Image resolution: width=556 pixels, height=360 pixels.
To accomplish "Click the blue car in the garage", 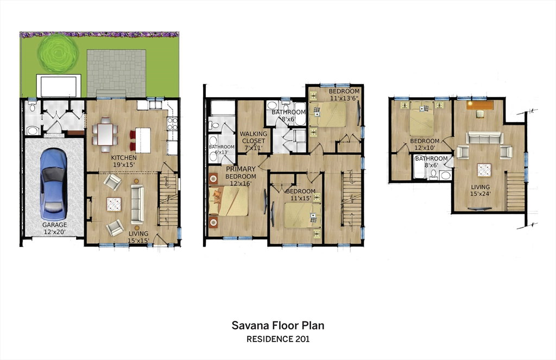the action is click(x=54, y=184).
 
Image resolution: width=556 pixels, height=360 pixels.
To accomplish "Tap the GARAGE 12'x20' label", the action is click(x=55, y=229).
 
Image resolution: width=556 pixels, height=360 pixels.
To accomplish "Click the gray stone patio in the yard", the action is click(x=116, y=73).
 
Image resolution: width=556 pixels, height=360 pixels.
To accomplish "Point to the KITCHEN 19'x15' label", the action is click(x=124, y=161).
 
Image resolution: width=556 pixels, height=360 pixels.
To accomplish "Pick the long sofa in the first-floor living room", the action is click(x=137, y=204).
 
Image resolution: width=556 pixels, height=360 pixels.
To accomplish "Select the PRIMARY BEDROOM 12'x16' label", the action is click(x=241, y=176).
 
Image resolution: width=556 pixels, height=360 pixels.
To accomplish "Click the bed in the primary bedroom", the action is click(x=229, y=201).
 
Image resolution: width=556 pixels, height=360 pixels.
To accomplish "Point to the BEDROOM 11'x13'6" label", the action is click(x=344, y=94).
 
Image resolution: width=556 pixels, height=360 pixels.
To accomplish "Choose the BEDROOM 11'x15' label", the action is click(x=301, y=195).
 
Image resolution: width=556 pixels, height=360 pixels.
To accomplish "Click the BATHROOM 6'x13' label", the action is click(x=222, y=149).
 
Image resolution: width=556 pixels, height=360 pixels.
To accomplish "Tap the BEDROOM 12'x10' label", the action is click(x=425, y=144).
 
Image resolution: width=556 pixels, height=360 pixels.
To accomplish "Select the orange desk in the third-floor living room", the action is click(x=480, y=105).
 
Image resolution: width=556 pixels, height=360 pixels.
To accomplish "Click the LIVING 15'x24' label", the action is click(x=481, y=191).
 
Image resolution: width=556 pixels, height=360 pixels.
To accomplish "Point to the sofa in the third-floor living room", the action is click(x=484, y=138).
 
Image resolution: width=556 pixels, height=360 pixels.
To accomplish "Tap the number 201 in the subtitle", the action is click(x=302, y=339).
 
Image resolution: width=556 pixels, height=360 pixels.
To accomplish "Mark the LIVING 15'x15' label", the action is click(x=138, y=237).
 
